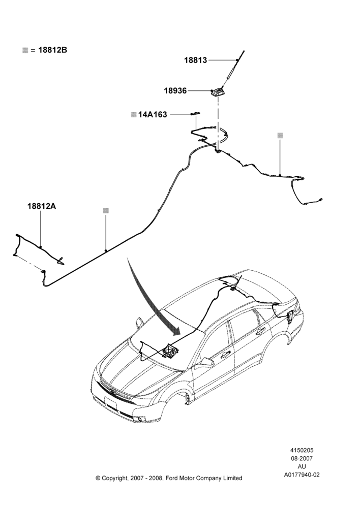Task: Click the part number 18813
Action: pos(196,60)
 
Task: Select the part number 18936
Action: pos(175,91)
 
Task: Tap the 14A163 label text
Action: pos(153,114)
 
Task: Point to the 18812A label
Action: pos(42,206)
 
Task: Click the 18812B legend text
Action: pos(52,50)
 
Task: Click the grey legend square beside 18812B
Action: pos(25,50)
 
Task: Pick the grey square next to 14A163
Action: pos(133,114)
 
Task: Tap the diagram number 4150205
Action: pos(302,450)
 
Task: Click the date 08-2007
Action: pos(302,458)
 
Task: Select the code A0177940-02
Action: pos(302,474)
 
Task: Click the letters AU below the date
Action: pos(302,466)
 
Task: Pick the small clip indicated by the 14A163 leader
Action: pos(195,113)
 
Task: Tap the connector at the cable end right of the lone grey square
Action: pos(321,200)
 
